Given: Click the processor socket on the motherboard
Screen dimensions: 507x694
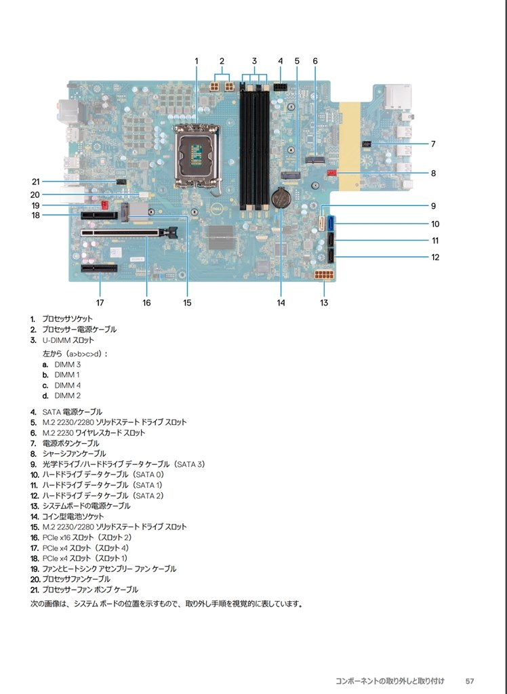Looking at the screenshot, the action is pyautogui.click(x=197, y=155).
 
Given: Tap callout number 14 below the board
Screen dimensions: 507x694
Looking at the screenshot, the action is pyautogui.click(x=281, y=303).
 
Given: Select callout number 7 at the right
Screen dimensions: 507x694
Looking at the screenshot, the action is pyautogui.click(x=433, y=144).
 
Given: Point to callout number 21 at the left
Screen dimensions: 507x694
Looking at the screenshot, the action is pyautogui.click(x=36, y=182).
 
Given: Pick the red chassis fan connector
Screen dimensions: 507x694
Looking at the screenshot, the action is pyautogui.click(x=331, y=172).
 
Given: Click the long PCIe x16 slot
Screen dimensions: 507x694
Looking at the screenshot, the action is pyautogui.click(x=129, y=232).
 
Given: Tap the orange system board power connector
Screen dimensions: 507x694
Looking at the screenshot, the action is pyautogui.click(x=324, y=275).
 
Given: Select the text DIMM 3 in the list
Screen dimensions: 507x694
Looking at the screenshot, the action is pyautogui.click(x=67, y=364).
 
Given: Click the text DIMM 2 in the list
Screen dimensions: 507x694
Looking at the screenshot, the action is pyautogui.click(x=67, y=396).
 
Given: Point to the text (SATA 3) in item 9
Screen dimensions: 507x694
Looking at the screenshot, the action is pyautogui.click(x=190, y=464).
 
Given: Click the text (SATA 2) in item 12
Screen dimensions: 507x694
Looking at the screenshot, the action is pyautogui.click(x=148, y=495).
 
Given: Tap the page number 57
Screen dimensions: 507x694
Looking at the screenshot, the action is pyautogui.click(x=470, y=681).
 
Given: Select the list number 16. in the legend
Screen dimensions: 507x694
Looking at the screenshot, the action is pyautogui.click(x=35, y=537).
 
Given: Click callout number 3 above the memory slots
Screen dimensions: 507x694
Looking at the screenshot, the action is pyautogui.click(x=254, y=61).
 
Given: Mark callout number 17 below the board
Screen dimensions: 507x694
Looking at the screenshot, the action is pyautogui.click(x=100, y=303).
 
